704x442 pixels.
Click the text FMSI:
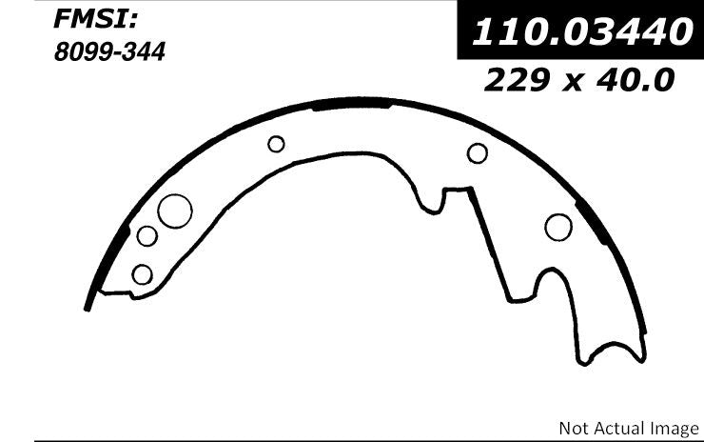tap(95, 19)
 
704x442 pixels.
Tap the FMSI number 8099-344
tap(109, 51)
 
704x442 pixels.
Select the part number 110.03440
tap(582, 31)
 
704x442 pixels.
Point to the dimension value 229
tap(517, 80)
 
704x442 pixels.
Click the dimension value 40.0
tap(636, 80)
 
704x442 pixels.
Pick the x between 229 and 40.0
tap(573, 84)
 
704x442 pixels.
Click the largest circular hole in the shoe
tap(175, 211)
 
